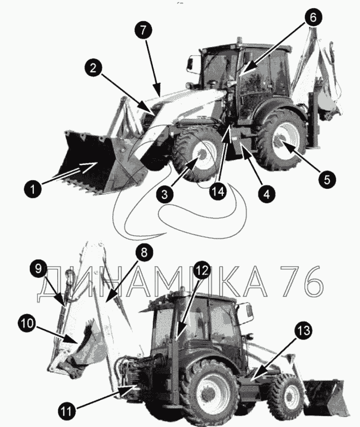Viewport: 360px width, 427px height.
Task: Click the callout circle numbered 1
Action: click(x=33, y=189)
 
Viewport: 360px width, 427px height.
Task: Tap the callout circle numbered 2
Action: click(x=93, y=68)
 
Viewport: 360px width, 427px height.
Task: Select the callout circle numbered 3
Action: click(x=165, y=194)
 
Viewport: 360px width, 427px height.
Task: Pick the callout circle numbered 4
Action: click(x=267, y=194)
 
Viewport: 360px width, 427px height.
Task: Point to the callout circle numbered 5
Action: click(x=327, y=179)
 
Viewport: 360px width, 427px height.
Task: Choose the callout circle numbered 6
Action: click(x=313, y=17)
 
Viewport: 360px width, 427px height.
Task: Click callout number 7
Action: click(x=143, y=30)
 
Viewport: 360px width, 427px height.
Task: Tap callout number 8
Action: click(x=144, y=252)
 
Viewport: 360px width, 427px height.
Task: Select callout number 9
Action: click(x=38, y=269)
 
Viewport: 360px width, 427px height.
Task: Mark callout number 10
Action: click(x=27, y=323)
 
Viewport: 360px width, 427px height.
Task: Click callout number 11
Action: click(x=66, y=411)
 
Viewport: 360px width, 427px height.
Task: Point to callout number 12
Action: click(x=202, y=270)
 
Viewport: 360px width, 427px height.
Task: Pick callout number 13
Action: click(x=303, y=330)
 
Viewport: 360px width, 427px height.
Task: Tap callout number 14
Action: click(x=218, y=191)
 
